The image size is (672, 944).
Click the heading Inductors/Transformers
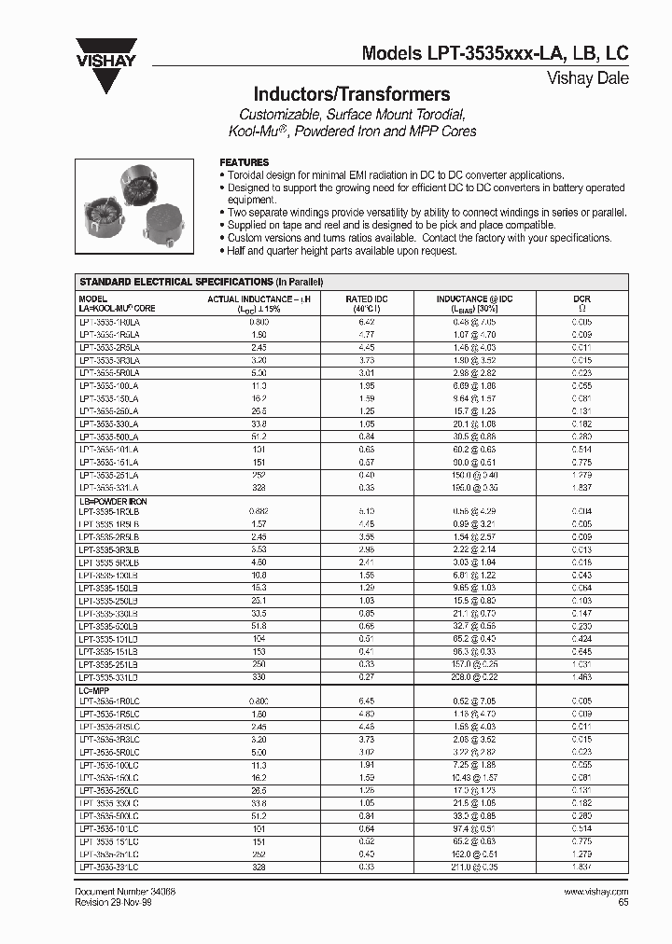coord(352,94)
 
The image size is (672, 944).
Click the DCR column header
coord(581,303)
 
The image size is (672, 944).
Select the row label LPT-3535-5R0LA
coord(109,372)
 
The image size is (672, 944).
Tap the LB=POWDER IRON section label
coord(114,501)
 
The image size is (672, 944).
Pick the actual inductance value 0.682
coord(259,511)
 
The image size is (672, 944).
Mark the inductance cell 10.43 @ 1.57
coord(475,776)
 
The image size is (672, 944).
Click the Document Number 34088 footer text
coord(125,892)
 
